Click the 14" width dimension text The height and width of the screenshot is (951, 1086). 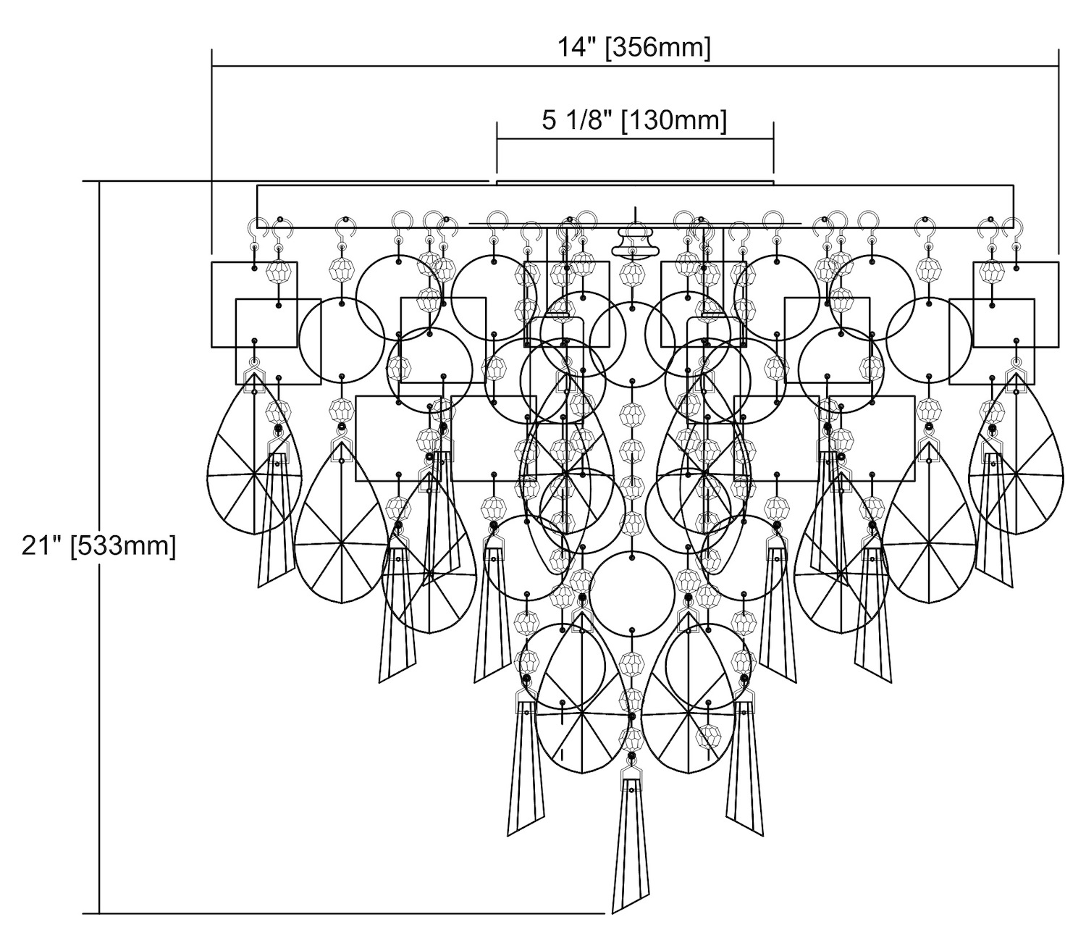point(577,48)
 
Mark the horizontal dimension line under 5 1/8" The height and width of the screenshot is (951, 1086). point(635,137)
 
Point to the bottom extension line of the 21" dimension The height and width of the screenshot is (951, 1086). point(348,913)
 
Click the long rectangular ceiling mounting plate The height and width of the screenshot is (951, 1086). point(635,206)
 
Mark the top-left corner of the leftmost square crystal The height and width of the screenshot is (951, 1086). point(212,262)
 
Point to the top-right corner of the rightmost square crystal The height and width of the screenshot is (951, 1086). point(1058,262)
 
